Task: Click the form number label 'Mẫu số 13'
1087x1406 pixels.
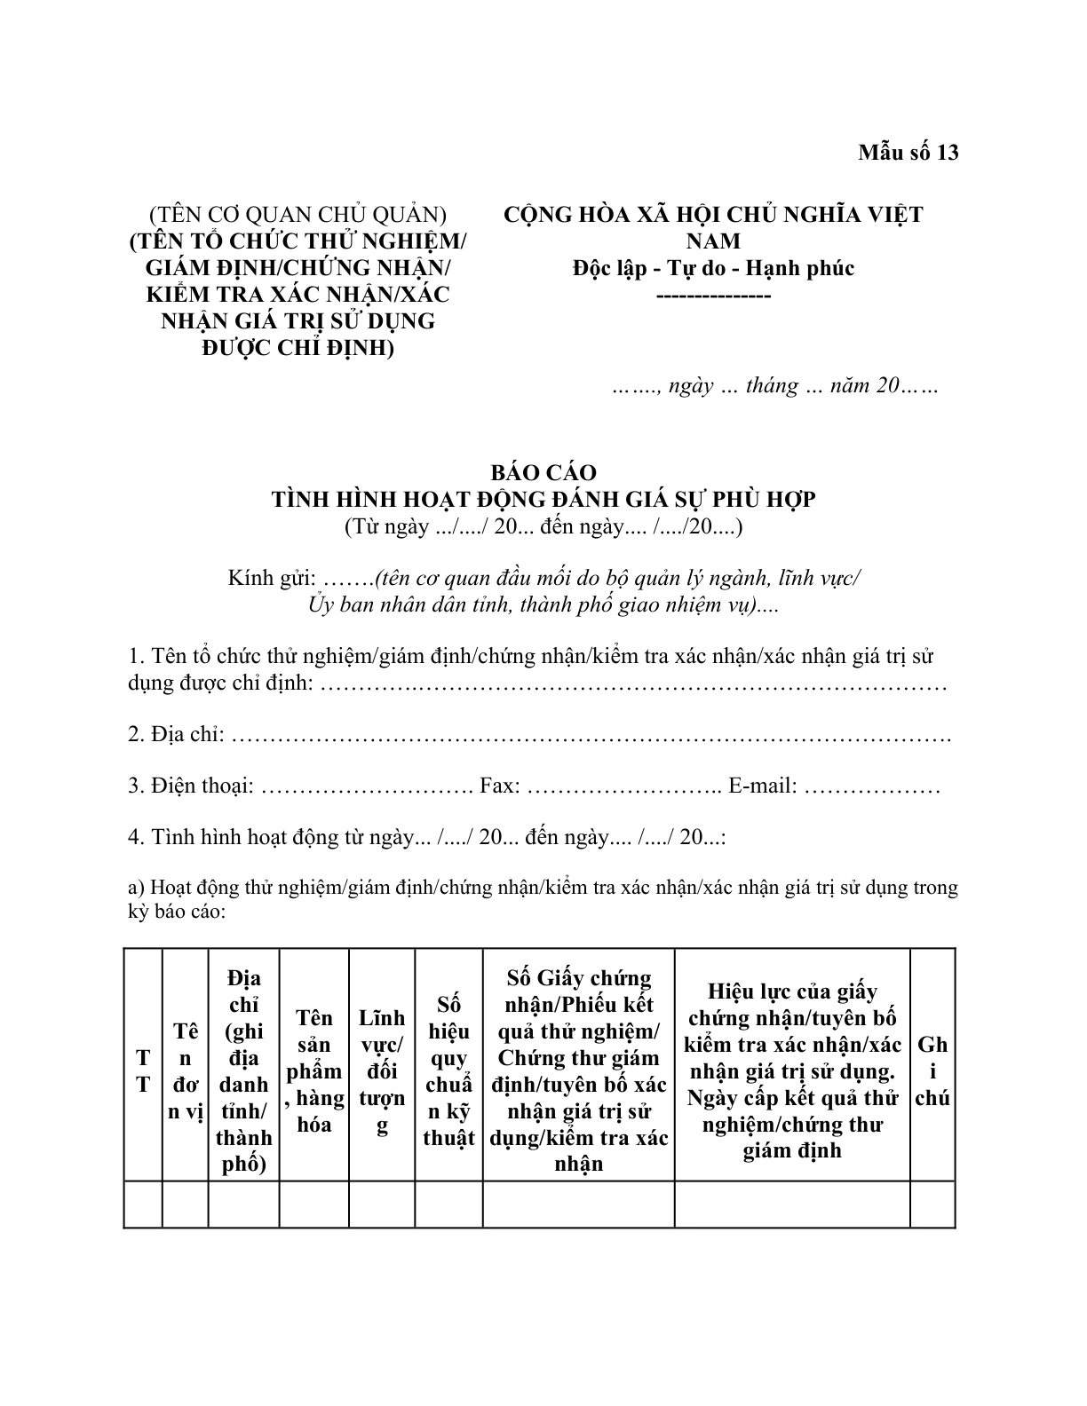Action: pos(908,153)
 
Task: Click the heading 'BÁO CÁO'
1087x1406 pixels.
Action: pos(543,472)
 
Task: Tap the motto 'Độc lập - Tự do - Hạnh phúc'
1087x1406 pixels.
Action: pos(713,268)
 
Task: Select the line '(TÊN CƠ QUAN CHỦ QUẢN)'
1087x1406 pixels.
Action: pos(298,215)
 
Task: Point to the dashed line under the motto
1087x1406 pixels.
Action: pos(713,294)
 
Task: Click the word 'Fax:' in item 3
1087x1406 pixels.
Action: pos(500,786)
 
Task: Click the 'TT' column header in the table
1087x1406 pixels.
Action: pos(143,1071)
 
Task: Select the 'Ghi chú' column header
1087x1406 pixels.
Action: pos(932,1071)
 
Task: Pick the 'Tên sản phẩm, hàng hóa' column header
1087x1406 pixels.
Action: pos(314,1071)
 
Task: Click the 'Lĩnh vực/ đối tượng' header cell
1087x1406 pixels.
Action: pos(382,1071)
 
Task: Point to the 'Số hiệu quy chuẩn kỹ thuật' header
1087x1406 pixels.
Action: pos(448,1071)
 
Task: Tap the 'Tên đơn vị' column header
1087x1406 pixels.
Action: pos(186,1071)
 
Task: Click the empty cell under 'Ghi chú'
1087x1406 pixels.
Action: pos(932,1205)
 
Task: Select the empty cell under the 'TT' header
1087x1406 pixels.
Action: pos(143,1205)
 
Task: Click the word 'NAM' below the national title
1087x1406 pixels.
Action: pos(713,241)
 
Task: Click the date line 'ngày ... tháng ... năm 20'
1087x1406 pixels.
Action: pos(774,387)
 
